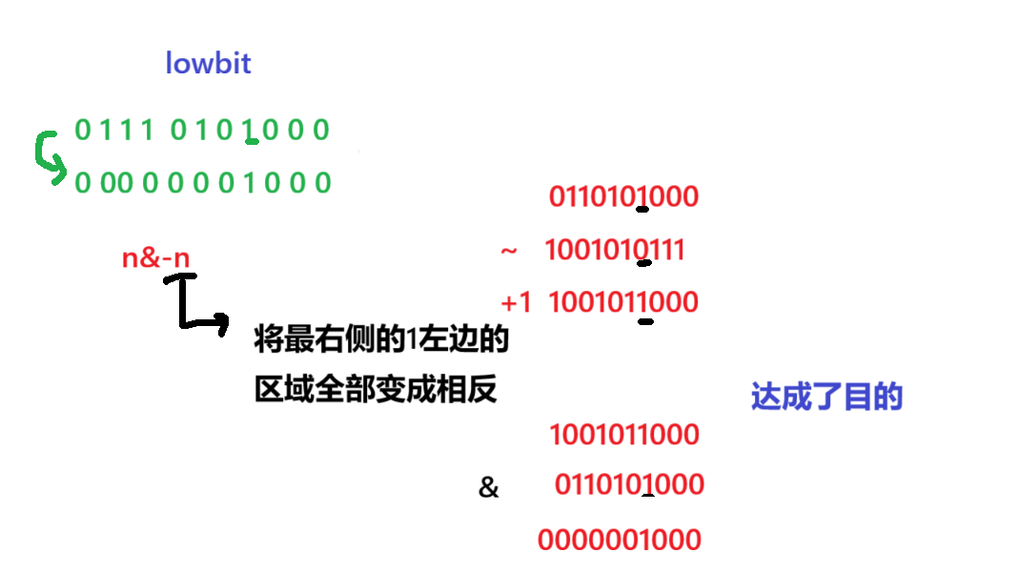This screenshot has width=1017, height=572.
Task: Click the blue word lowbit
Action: pos(208,64)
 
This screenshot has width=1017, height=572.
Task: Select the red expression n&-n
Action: pos(155,257)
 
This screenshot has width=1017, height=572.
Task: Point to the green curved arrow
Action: pos(48,157)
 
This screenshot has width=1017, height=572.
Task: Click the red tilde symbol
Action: pos(509,251)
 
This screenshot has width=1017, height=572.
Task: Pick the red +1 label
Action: pos(516,303)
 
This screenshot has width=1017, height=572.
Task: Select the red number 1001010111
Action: pos(614,251)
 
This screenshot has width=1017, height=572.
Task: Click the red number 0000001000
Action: pos(620,541)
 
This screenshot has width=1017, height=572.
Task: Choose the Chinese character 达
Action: pos(765,397)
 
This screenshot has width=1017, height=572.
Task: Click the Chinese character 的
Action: pos(887,397)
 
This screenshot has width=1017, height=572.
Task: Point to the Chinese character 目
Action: pos(857,397)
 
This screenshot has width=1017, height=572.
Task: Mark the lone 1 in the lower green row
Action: pos(250,182)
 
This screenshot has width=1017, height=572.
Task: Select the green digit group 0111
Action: pos(113,130)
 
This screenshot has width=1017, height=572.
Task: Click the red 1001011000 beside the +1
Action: pos(623,303)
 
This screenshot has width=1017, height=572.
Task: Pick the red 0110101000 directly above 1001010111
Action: pos(623,197)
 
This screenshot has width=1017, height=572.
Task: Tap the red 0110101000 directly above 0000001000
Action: pos(629,484)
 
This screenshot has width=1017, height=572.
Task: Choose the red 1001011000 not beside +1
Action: pos(624,436)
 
